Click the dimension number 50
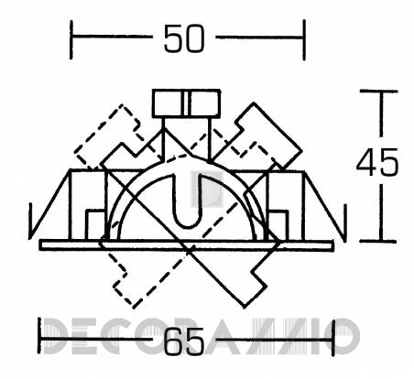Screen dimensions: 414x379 point(184,38)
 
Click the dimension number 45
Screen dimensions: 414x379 point(377,162)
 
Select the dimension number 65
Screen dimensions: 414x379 point(184,341)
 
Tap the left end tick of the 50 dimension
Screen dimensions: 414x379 point(71,39)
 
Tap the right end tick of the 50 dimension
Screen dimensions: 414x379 point(304,39)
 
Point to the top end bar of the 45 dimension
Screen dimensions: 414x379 point(378,91)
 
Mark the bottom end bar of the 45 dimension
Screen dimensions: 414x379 point(378,241)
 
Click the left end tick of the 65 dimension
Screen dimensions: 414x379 point(39,336)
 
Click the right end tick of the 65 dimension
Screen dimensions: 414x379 point(333,338)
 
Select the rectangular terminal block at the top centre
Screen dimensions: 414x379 point(186,103)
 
